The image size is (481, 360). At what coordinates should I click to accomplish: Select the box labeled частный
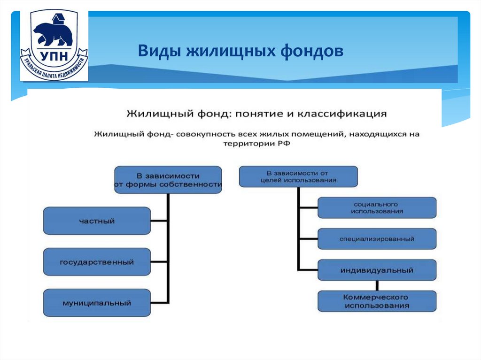tap(97, 221)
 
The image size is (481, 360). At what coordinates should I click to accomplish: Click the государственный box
tap(97, 262)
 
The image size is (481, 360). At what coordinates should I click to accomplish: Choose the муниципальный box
tap(97, 303)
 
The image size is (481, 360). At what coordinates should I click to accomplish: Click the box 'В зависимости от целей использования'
tap(298, 177)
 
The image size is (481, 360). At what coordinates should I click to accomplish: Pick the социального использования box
tap(377, 208)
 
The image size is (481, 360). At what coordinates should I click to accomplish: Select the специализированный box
tap(377, 239)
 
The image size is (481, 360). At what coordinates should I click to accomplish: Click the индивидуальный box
tap(377, 270)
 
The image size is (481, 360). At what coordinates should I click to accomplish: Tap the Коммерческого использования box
tap(377, 301)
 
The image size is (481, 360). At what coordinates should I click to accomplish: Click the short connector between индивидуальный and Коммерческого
tap(377, 286)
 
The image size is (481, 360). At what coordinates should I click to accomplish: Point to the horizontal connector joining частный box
tap(159, 221)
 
